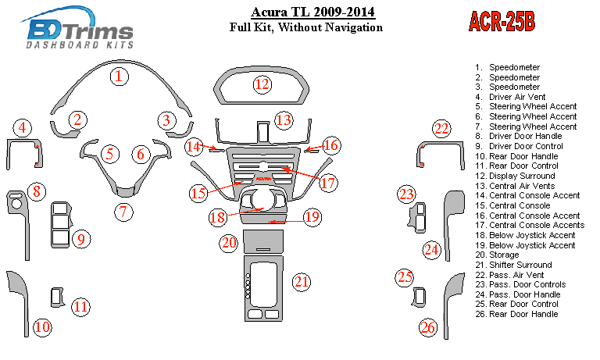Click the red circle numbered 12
(x=262, y=84)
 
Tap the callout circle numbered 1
(x=118, y=76)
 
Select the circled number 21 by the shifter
(x=302, y=281)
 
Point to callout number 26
(x=428, y=327)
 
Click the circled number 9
(x=80, y=239)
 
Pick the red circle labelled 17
(x=328, y=184)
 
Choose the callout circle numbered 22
(x=442, y=129)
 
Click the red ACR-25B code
(x=501, y=20)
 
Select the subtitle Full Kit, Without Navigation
(x=305, y=27)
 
